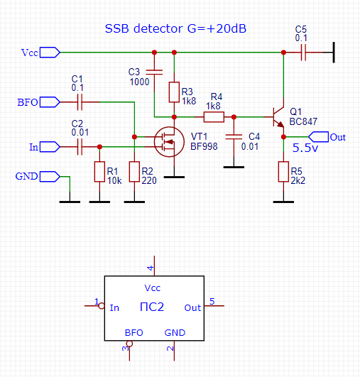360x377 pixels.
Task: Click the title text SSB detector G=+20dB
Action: pos(175,28)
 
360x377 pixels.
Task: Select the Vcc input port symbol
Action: pos(50,53)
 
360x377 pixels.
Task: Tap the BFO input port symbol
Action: pos(50,102)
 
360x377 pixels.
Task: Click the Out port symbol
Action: pos(318,137)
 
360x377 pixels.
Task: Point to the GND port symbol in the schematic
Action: pos(50,177)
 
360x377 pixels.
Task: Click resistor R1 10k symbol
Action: pos(99,172)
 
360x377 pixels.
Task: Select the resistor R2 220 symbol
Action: pos(134,172)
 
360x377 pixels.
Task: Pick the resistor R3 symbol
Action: pos(174,92)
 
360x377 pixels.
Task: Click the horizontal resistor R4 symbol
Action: pos(214,117)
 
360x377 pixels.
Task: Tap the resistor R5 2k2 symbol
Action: pos(283,172)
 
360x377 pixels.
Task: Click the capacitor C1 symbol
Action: pos(80,102)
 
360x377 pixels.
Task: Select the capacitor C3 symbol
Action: pos(154,72)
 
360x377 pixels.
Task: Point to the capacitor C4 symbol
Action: pos(234,137)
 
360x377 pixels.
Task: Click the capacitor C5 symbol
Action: pos(303,53)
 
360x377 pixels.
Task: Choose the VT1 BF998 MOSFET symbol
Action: pos(169,142)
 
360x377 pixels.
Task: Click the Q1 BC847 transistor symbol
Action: pos(278,117)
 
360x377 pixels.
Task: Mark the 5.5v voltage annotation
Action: pos(305,148)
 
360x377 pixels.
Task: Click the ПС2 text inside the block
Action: pos(152,307)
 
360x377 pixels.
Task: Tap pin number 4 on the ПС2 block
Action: pos(151,268)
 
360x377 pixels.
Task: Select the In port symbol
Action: pos(50,147)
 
